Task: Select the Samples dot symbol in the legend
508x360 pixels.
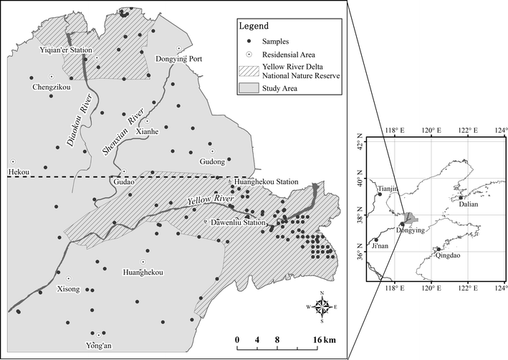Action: click(248, 40)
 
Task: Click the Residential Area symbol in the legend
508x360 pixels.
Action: click(248, 54)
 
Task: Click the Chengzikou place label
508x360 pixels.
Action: click(51, 87)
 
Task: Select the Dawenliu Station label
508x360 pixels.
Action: click(238, 222)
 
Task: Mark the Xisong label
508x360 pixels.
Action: click(67, 289)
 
